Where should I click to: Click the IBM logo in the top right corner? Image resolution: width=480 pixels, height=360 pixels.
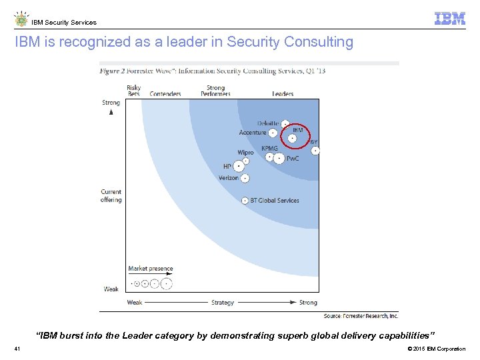pyautogui.click(x=449, y=19)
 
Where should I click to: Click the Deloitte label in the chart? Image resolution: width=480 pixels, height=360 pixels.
pyautogui.click(x=269, y=123)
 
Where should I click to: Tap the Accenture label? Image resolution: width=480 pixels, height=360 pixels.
pyautogui.click(x=253, y=133)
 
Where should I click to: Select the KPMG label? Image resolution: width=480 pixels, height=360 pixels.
pyautogui.click(x=269, y=149)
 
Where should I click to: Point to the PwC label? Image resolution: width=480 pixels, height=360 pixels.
pyautogui.click(x=293, y=159)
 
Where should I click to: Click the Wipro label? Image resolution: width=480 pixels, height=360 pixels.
pyautogui.click(x=245, y=153)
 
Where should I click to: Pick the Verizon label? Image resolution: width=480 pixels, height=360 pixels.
pyautogui.click(x=229, y=178)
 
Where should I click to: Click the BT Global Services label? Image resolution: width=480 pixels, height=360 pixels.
pyautogui.click(x=275, y=200)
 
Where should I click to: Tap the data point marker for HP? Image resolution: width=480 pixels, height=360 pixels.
pyautogui.click(x=239, y=166)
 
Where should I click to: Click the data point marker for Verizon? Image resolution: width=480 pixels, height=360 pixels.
pyautogui.click(x=245, y=178)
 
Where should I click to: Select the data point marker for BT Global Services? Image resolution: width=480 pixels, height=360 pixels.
pyautogui.click(x=245, y=200)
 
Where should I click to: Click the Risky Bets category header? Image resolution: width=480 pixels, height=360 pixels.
pyautogui.click(x=133, y=91)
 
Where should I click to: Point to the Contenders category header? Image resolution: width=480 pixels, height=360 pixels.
pyautogui.click(x=165, y=94)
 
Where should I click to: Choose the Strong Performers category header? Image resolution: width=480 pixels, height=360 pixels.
pyautogui.click(x=215, y=91)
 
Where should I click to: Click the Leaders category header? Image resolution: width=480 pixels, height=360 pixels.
pyautogui.click(x=283, y=94)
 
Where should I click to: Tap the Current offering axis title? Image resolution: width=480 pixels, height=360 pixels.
pyautogui.click(x=111, y=196)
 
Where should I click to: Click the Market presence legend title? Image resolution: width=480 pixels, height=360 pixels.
pyautogui.click(x=151, y=269)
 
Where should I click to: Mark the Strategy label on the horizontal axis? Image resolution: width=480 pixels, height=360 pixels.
pyautogui.click(x=223, y=303)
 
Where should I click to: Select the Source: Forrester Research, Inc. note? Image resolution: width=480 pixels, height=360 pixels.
pyautogui.click(x=361, y=316)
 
